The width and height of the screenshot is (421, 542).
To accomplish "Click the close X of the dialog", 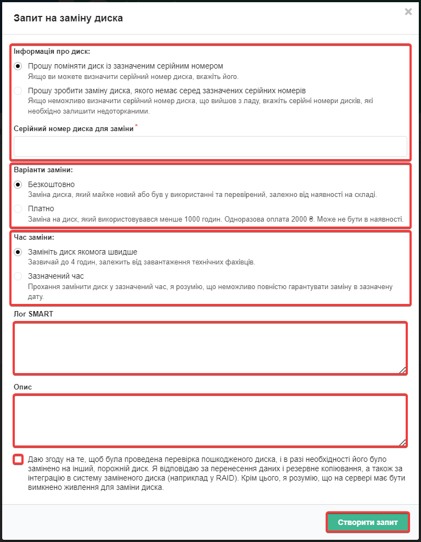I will pyautogui.click(x=408, y=12).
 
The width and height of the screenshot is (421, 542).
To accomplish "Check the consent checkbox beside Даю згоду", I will pyautogui.click(x=19, y=459).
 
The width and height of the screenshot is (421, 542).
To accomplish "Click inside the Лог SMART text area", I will pyautogui.click(x=210, y=348).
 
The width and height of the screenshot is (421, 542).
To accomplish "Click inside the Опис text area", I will pyautogui.click(x=210, y=420).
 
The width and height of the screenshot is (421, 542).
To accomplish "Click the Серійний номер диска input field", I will pyautogui.click(x=210, y=147).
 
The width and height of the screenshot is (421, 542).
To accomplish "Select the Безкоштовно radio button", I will pyautogui.click(x=19, y=184).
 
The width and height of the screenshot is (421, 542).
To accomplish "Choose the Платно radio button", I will pyautogui.click(x=19, y=208).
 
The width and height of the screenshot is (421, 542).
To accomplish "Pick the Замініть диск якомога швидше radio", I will pyautogui.click(x=19, y=252).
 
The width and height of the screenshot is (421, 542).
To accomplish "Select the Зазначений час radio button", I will pyautogui.click(x=19, y=276).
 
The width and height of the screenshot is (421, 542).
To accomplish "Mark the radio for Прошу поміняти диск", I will pyautogui.click(x=19, y=66).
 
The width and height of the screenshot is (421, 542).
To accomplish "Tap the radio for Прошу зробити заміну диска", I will pyautogui.click(x=19, y=91).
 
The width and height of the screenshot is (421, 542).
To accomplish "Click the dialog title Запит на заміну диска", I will pyautogui.click(x=68, y=18).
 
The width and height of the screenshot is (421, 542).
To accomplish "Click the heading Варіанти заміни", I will pyautogui.click(x=43, y=170).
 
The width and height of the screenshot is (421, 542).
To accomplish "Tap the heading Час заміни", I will pyautogui.click(x=38, y=238).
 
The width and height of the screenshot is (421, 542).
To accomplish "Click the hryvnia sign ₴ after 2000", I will pyautogui.click(x=311, y=219).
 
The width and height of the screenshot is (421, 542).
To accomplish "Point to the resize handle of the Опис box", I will pyautogui.click(x=403, y=442).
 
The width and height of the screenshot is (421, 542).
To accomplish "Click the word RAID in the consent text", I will pyautogui.click(x=225, y=478).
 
